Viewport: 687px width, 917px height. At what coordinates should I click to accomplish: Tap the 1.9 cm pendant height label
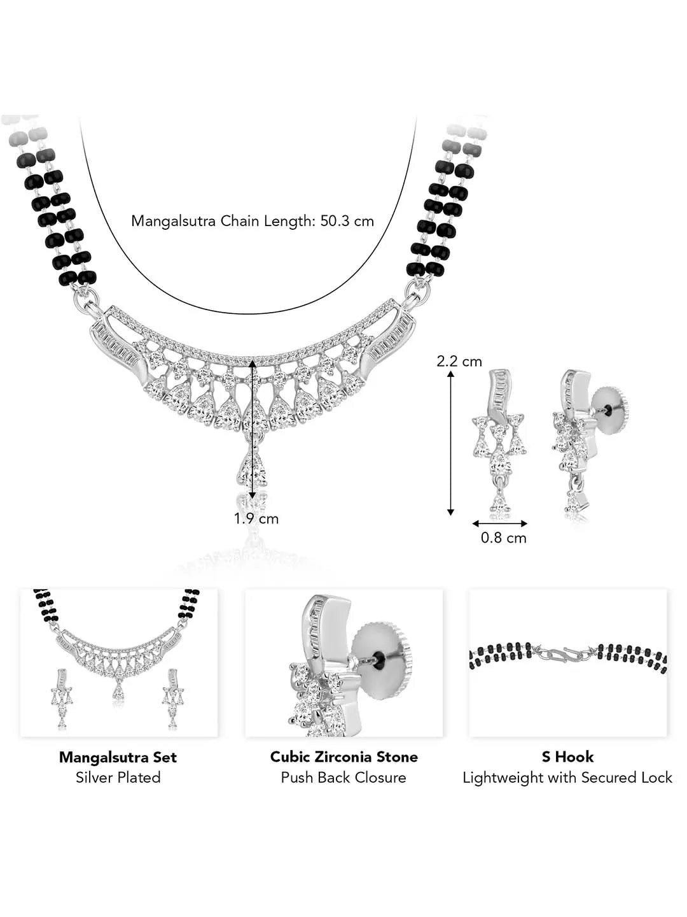point(256,519)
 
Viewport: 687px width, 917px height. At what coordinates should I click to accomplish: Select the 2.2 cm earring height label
point(459,362)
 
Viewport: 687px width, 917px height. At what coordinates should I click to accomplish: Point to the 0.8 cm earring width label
point(503,538)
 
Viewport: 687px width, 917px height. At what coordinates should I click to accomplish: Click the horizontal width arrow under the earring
point(499,524)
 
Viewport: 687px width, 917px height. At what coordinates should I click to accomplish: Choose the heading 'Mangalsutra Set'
point(118,757)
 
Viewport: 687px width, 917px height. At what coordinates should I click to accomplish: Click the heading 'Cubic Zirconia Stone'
point(343,757)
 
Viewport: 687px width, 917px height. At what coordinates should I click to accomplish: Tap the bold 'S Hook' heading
point(567,757)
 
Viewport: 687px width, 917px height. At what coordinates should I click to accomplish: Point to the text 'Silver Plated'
point(118,778)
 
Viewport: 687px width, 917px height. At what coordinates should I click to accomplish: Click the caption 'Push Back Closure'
point(343,778)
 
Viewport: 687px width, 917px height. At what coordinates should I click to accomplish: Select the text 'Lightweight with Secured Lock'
point(567,778)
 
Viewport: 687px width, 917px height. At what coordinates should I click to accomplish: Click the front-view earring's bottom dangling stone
point(499,504)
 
